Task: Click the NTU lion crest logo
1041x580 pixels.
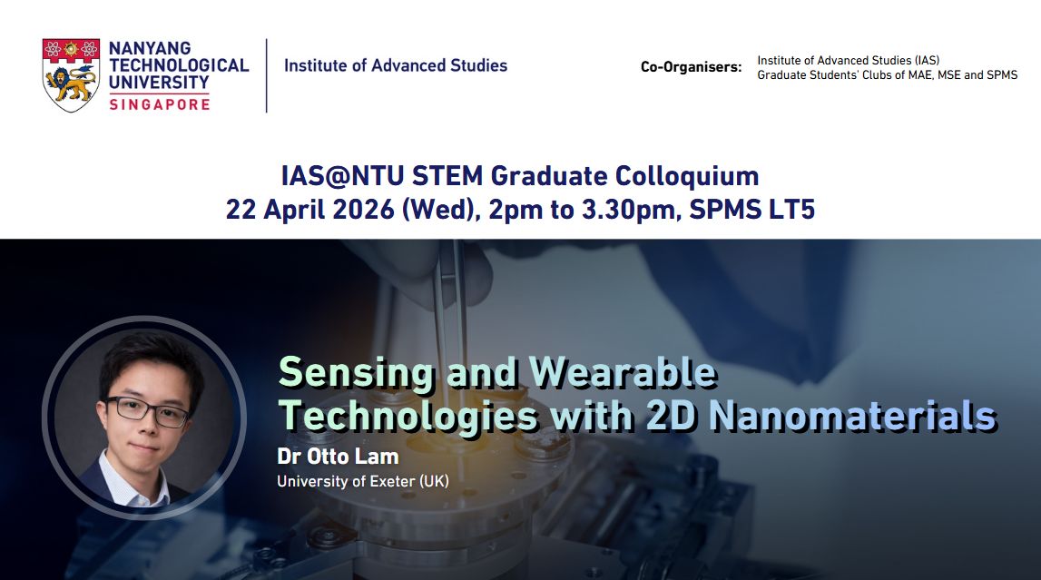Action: [71, 75]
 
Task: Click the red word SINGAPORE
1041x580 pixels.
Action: [160, 104]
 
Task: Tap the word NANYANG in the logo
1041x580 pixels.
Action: [150, 48]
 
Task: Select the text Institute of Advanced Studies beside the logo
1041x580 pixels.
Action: [396, 65]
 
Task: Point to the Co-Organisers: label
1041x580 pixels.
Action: [691, 67]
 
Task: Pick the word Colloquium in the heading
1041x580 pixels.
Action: [687, 176]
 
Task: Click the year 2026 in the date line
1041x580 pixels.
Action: [363, 210]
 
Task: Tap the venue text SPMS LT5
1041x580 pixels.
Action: [752, 210]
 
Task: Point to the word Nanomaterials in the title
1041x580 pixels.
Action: [853, 416]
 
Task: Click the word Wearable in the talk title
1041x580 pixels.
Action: [623, 371]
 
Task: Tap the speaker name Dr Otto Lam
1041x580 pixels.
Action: [338, 457]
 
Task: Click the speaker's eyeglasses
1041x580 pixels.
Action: [146, 411]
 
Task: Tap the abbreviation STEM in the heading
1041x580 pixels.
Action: [447, 176]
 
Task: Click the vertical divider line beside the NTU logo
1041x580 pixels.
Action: [266, 75]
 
